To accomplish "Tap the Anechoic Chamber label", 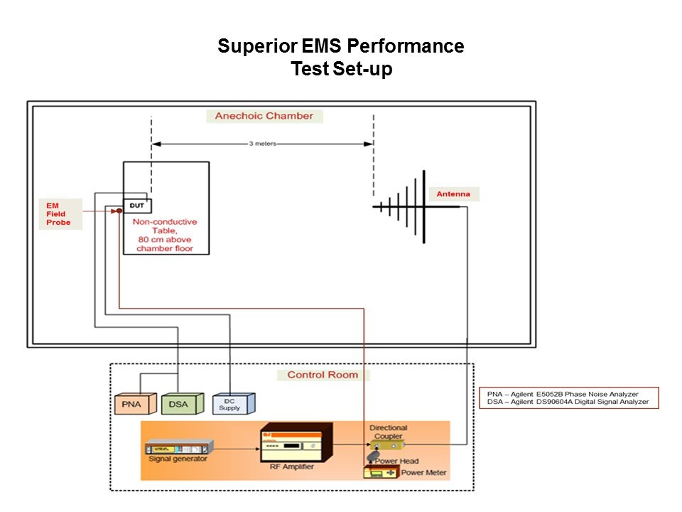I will pos(264,116).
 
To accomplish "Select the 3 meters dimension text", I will pos(262,144).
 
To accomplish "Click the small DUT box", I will pos(137,205).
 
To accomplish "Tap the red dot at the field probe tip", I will pos(119,210).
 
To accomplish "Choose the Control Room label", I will pos(323,375).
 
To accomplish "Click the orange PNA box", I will pos(132,405).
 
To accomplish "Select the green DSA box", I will pos(179,405).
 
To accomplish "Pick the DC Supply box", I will pos(230,405).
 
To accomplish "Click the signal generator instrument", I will pos(178,449).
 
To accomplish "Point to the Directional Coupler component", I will pos(388,444).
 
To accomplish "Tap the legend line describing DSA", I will pos(568,402).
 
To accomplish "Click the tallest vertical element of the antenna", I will pos(424,206).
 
